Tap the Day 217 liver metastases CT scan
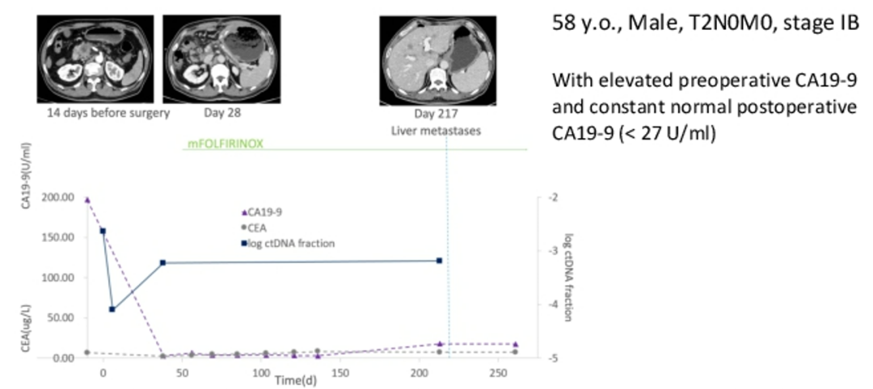point(430,61)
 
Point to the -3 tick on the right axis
point(554,251)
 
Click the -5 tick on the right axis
point(554,358)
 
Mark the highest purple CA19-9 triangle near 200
point(86,199)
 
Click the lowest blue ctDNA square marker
point(112,309)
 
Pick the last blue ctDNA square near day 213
point(439,261)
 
